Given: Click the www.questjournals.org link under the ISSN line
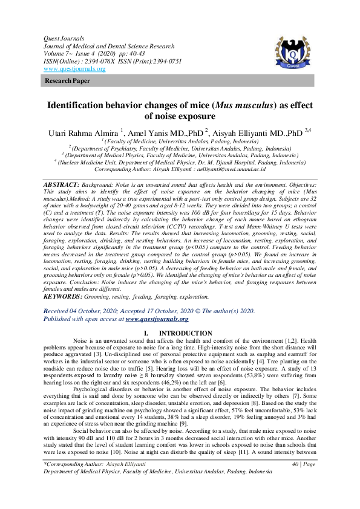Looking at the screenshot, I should pyautogui.click(x=74, y=69).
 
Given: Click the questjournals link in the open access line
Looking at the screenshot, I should pyautogui.click(x=157, y=319).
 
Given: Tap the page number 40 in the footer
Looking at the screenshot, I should pyautogui.click(x=295, y=481).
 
